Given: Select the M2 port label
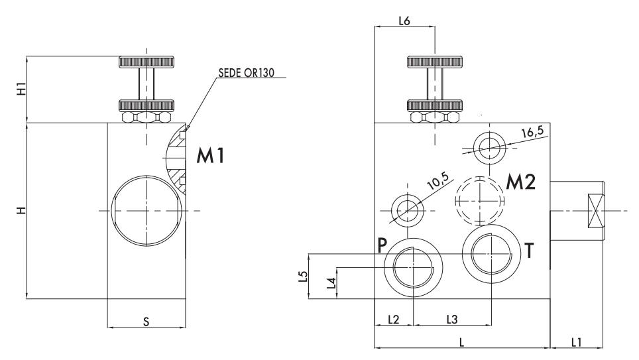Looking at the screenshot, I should (x=520, y=183).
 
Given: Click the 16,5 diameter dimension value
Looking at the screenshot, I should (x=532, y=132).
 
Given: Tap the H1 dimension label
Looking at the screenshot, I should (x=21, y=90).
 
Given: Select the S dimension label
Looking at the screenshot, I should (x=146, y=321).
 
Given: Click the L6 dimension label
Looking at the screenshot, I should (x=404, y=21).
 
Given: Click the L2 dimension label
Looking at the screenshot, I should (x=393, y=320).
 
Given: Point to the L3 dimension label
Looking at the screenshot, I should (x=451, y=320).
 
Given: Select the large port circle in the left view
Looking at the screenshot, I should (x=146, y=210).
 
